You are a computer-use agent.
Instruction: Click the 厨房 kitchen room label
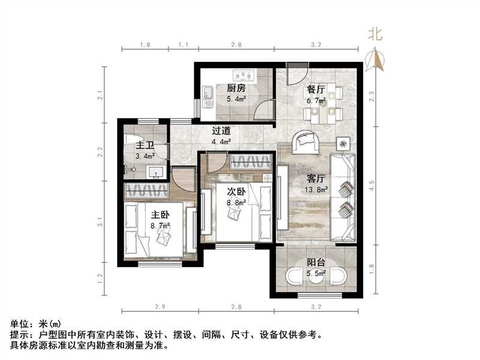tap(235, 88)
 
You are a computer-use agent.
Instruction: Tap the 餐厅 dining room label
tap(316, 89)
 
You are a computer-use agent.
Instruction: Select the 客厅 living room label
tap(316, 178)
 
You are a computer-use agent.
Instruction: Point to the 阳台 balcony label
tap(316, 262)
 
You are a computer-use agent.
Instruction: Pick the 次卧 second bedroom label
tap(236, 192)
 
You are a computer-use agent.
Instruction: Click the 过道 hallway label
tap(221, 130)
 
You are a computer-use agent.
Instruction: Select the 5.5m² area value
tap(316, 273)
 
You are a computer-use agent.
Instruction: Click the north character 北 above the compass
tap(375, 34)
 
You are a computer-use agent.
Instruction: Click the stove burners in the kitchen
tap(244, 76)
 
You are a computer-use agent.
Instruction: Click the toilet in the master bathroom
tap(131, 140)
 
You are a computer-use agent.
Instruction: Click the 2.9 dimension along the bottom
tap(159, 307)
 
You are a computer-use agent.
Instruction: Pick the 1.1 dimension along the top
tap(183, 45)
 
